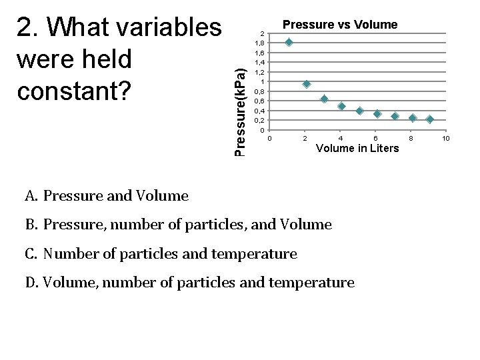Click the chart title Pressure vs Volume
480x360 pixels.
[x=340, y=25]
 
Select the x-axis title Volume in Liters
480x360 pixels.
[x=357, y=149]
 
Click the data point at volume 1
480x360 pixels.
[x=288, y=42]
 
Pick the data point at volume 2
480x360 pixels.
[x=306, y=84]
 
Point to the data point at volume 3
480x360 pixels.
[x=324, y=99]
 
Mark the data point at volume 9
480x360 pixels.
[x=430, y=119]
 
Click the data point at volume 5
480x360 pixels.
[x=359, y=111]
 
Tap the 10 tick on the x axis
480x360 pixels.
[x=446, y=138]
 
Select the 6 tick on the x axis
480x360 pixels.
[x=376, y=138]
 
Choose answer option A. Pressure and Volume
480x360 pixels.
[x=107, y=196]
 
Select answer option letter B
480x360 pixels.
[x=30, y=225]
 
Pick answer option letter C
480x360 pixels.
[x=30, y=254]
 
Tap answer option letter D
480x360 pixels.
[x=30, y=283]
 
